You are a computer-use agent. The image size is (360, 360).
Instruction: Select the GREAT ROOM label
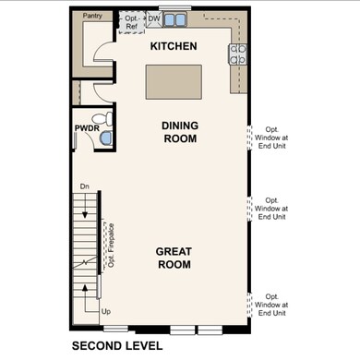[x=174, y=258]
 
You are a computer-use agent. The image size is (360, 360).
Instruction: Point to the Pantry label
[x=92, y=16]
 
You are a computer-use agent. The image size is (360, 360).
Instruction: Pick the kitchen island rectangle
[x=174, y=80]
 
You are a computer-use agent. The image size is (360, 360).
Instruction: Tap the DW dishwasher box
[x=154, y=18]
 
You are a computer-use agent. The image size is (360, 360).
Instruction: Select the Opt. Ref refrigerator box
[x=132, y=21]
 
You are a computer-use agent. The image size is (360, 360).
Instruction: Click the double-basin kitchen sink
[x=175, y=18]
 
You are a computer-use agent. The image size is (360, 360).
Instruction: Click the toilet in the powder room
[x=106, y=118]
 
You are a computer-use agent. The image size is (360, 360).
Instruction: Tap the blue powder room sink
[x=105, y=138]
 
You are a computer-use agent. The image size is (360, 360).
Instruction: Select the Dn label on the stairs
[x=84, y=187]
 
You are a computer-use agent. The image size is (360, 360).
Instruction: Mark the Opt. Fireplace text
[x=110, y=245]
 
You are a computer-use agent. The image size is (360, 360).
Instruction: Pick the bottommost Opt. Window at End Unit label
[x=274, y=305]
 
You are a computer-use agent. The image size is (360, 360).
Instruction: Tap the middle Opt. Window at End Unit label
[x=274, y=209]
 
